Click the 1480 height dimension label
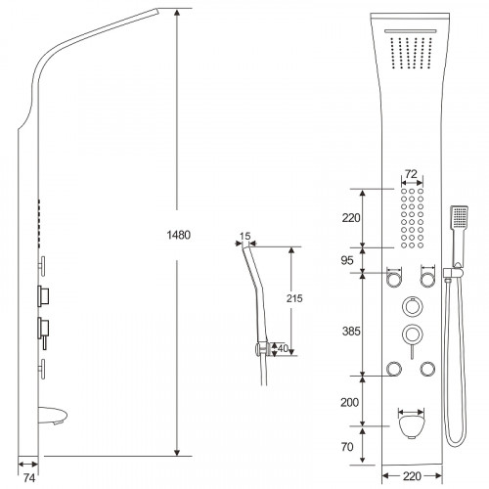[x=178, y=235]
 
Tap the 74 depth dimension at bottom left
[x=29, y=478]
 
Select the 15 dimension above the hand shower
[x=244, y=236]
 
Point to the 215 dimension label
[x=294, y=298]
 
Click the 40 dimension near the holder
[x=283, y=348]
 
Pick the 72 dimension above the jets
[x=411, y=174]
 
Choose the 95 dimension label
[x=347, y=260]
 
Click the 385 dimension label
[x=351, y=332]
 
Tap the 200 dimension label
[x=349, y=402]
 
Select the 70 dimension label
[x=347, y=447]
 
